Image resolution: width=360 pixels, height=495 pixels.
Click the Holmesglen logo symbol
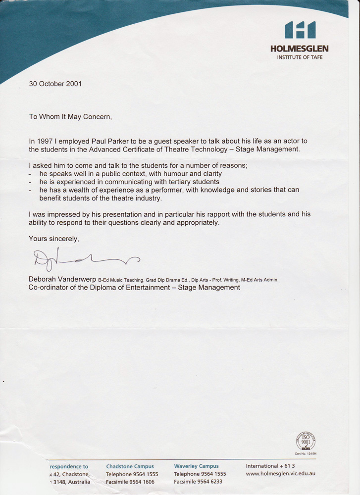tap(300, 30)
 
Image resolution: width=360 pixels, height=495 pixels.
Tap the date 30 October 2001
tap(54, 84)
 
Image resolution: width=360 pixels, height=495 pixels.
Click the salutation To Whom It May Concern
tap(70, 117)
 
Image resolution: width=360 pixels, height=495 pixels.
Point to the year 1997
tap(46, 142)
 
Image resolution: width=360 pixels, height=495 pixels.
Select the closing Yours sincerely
tap(54, 239)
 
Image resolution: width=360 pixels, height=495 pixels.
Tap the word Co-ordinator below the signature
tap(49, 287)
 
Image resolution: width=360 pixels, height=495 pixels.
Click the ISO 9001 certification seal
tap(306, 441)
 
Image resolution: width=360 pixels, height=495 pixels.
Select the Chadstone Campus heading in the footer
tap(130, 466)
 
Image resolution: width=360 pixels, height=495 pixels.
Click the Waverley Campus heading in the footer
tap(196, 466)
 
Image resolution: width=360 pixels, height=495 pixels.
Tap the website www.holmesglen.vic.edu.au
tap(281, 474)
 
